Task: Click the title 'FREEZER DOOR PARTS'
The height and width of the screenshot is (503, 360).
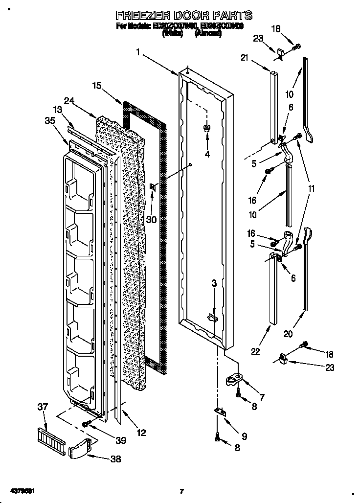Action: coord(184,15)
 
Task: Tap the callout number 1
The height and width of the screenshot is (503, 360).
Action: coord(139,51)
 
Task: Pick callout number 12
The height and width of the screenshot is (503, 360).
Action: coord(141,432)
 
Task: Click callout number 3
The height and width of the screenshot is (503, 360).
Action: coord(214,283)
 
